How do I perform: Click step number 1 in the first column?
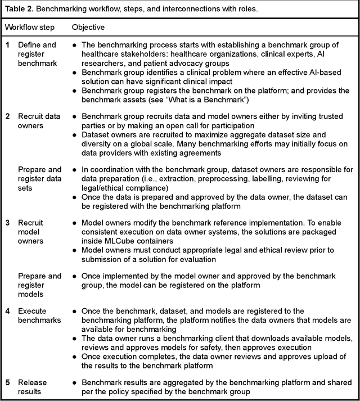pyautogui.click(x=8, y=44)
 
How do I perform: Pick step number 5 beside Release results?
pyautogui.click(x=8, y=369)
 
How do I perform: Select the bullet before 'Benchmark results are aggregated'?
pyautogui.click(x=75, y=369)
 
